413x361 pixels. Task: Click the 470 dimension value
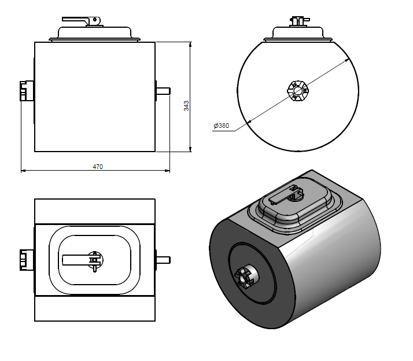pos(98,167)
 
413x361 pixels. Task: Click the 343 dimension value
pos(186,105)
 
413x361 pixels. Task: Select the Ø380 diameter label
pos(222,126)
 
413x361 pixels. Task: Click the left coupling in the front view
pos(25,91)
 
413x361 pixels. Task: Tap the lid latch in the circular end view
pos(299,21)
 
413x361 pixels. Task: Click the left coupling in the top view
pos(25,260)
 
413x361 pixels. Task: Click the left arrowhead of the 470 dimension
pos(23,171)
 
